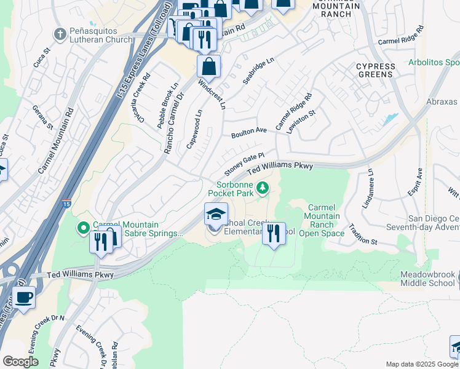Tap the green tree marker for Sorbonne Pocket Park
(x=263, y=187)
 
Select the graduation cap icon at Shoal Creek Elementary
(x=216, y=214)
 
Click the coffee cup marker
(x=24, y=298)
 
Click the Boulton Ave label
(x=249, y=132)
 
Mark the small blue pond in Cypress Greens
(x=390, y=119)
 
